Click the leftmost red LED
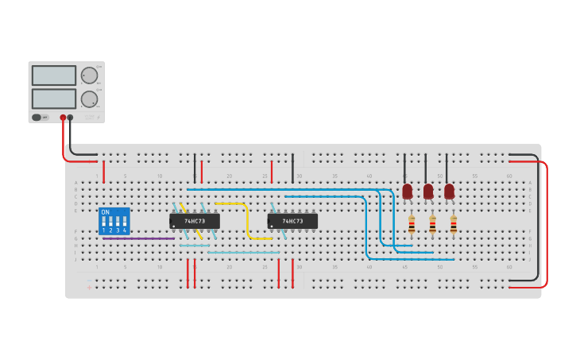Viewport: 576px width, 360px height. point(408,192)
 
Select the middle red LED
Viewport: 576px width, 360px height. point(428,192)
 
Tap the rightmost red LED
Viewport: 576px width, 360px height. point(449,192)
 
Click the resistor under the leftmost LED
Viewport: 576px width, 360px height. point(412,226)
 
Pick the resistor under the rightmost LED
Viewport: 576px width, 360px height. point(454,226)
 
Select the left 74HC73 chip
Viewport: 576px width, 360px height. point(195,221)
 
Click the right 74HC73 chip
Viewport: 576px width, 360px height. point(292,221)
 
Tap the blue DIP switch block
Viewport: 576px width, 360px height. point(114,221)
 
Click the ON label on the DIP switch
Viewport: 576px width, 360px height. point(106,212)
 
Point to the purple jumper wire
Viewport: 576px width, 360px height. point(138,238)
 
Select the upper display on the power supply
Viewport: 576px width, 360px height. point(54,75)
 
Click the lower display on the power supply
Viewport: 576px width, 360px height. point(54,99)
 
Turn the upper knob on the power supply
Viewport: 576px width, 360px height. point(89,75)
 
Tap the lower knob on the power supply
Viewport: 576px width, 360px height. point(89,99)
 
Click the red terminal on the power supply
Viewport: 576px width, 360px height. point(63,118)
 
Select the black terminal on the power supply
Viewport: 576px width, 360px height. point(70,118)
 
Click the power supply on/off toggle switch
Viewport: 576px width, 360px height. point(37,118)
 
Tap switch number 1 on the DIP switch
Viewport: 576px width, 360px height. point(104,222)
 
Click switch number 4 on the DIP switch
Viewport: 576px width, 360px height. point(125,222)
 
